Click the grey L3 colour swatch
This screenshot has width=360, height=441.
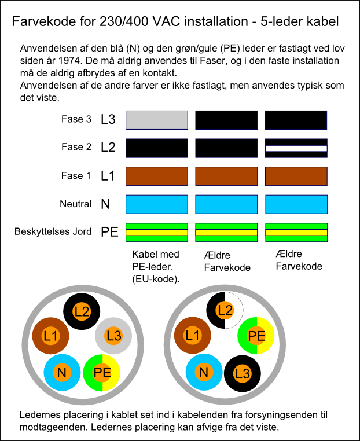pyautogui.click(x=157, y=120)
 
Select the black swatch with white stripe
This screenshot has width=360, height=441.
pyautogui.click(x=296, y=148)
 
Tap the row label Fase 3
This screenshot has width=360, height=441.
pyautogui.click(x=76, y=119)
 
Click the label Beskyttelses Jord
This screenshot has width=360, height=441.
pyautogui.click(x=53, y=231)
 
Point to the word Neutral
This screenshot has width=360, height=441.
pyautogui.click(x=76, y=204)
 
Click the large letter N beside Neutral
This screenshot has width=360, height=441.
pyautogui.click(x=105, y=204)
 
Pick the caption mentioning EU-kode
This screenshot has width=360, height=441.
pyautogui.click(x=156, y=267)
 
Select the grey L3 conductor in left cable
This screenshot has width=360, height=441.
pyautogui.click(x=113, y=336)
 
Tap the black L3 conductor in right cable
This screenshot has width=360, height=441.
pyautogui.click(x=243, y=373)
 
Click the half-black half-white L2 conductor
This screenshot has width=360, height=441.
pyautogui.click(x=225, y=310)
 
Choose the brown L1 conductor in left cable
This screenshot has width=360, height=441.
pyautogui.click(x=50, y=336)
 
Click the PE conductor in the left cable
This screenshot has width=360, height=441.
pyautogui.click(x=102, y=373)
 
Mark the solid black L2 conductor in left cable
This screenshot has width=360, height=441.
pyautogui.click(x=82, y=311)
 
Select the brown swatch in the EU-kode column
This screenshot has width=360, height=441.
pyautogui.click(x=157, y=177)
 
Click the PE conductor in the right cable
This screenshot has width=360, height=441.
pyautogui.click(x=256, y=336)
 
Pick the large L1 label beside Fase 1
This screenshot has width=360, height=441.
pyautogui.click(x=108, y=176)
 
